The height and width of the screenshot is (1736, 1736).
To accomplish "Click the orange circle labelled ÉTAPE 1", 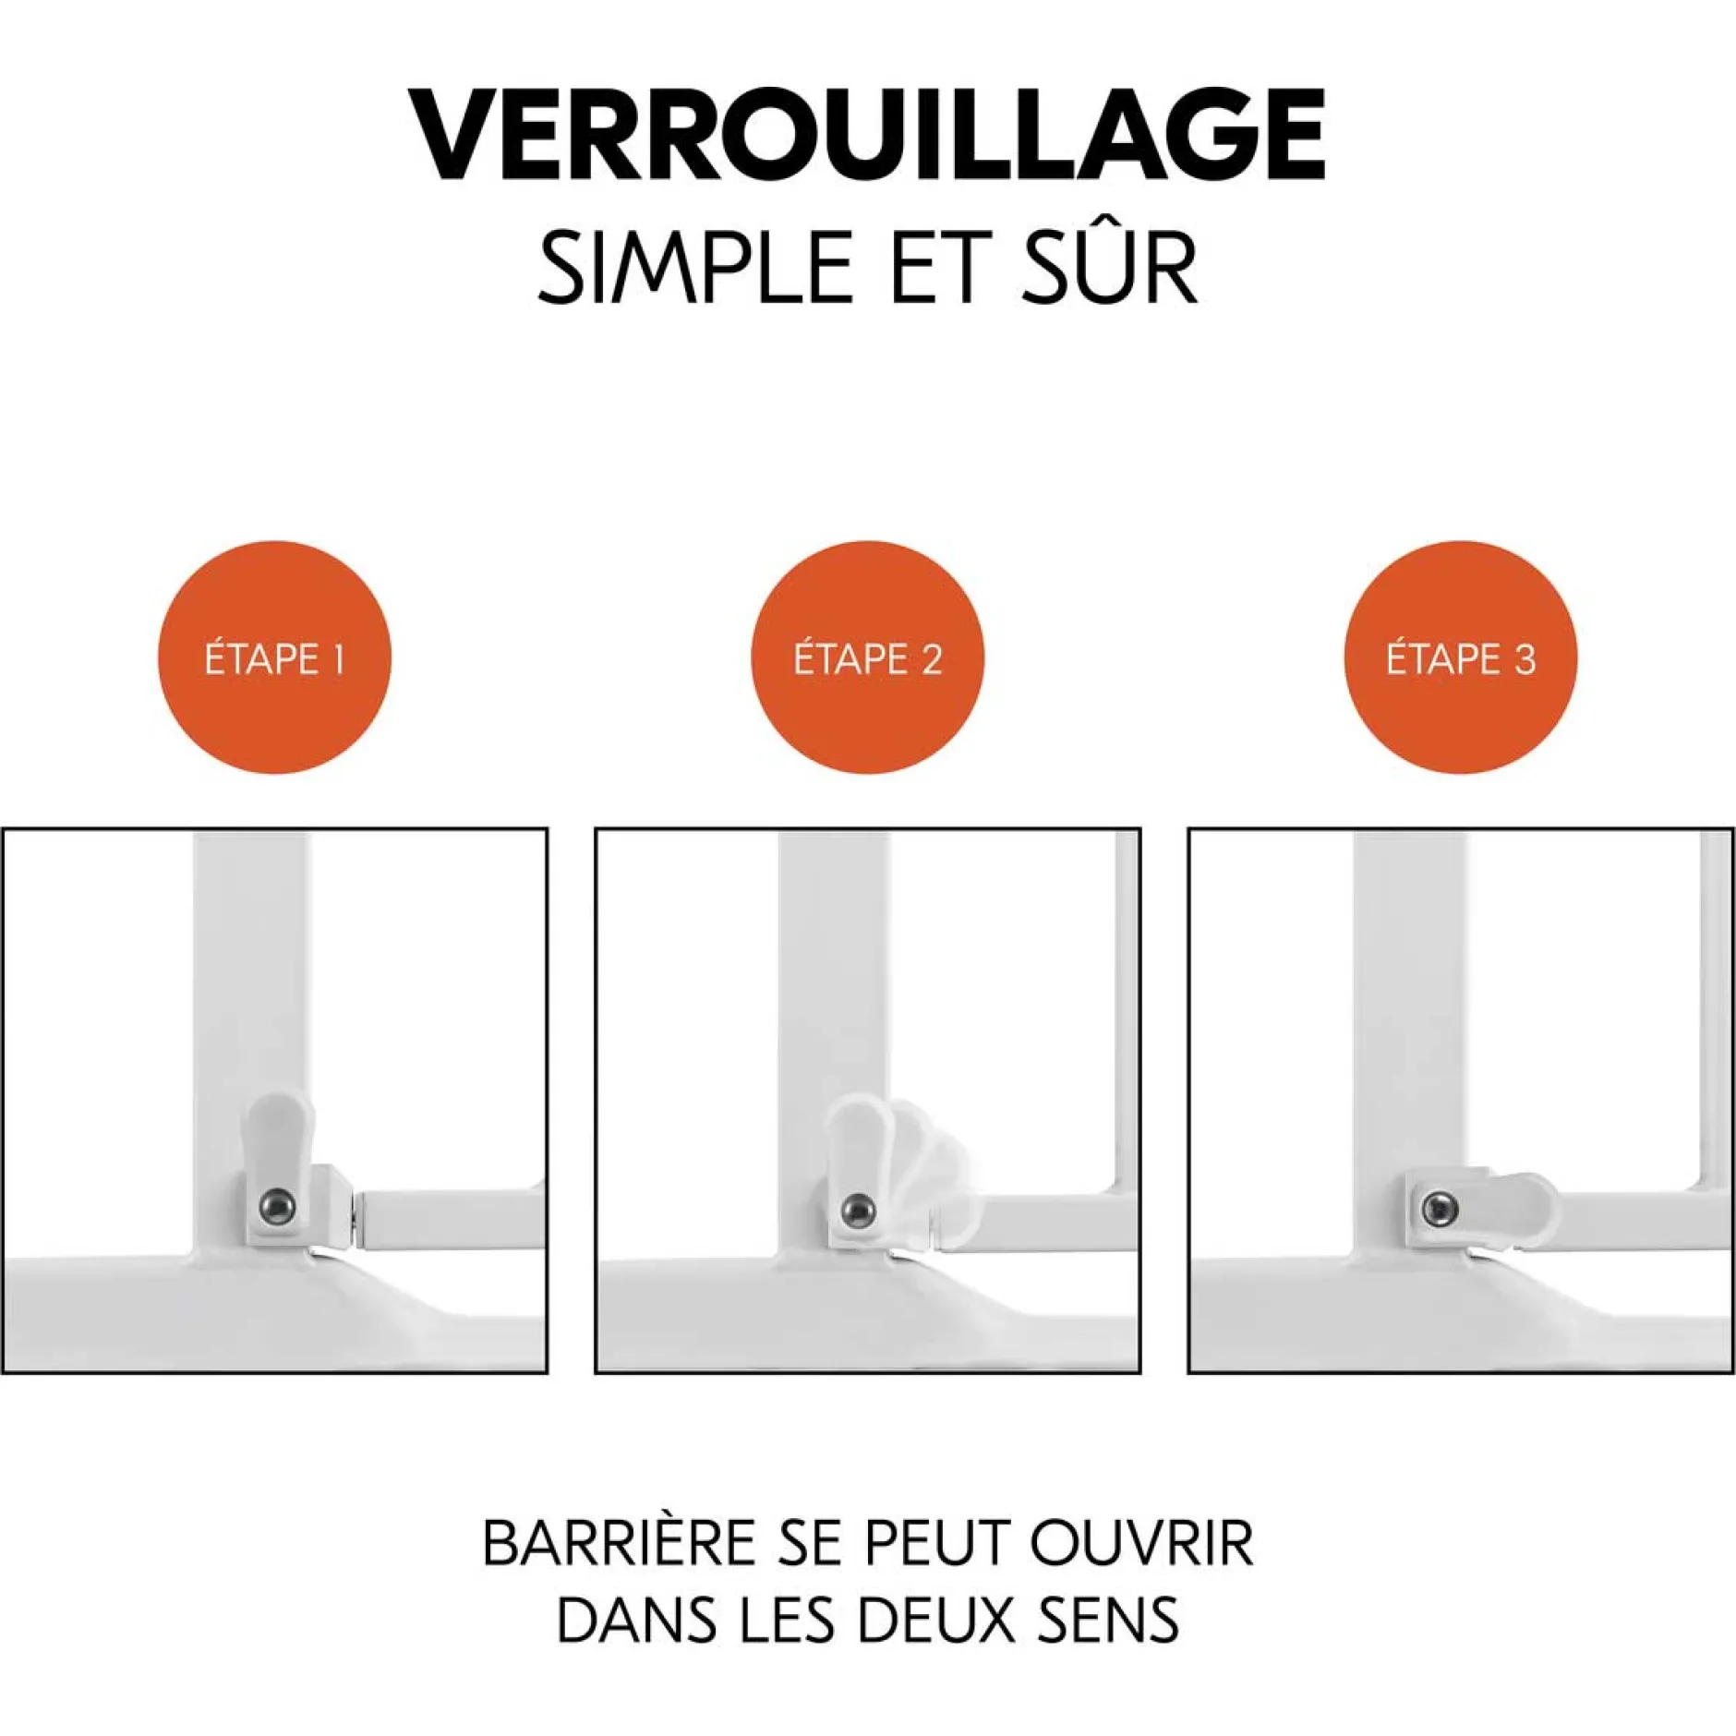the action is coord(275,657).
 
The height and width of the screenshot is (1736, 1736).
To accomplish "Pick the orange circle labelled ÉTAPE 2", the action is coord(867,657).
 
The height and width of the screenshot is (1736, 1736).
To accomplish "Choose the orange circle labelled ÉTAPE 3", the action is coord(1460,657).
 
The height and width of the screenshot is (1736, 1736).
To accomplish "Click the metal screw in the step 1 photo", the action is coord(277,1206).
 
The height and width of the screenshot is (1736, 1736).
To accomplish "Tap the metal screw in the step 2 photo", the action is coord(859,1208).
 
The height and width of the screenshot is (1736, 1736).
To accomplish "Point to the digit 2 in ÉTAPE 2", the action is coord(931,659).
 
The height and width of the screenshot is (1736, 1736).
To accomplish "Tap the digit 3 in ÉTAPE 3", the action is coord(1525,659).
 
